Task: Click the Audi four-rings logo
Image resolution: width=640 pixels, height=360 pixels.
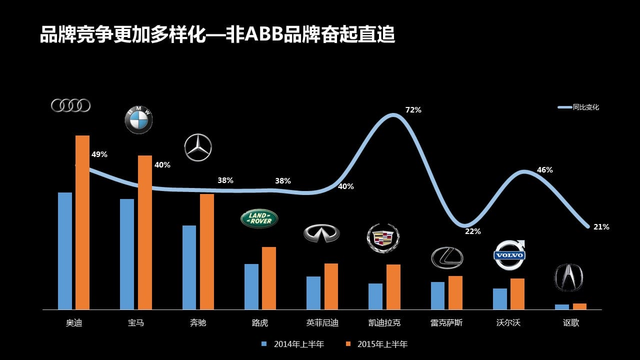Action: [70, 105]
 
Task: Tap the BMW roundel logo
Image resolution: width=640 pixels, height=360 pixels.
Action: [138, 120]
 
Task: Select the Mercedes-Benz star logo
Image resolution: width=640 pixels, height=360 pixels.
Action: [198, 147]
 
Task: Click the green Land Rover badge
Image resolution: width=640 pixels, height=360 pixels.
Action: [259, 218]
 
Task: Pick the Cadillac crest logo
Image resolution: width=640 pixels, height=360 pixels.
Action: [383, 237]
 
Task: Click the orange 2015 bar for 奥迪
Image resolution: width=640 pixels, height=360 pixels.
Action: [82, 222]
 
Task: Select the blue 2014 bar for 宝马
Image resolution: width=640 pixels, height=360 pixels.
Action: [127, 254]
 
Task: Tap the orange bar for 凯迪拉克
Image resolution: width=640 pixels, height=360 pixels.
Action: [393, 287]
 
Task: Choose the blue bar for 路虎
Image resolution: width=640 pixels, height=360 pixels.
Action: [251, 286]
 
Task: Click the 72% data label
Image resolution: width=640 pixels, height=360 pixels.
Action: [413, 110]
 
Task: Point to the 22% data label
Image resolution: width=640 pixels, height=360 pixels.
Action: [472, 231]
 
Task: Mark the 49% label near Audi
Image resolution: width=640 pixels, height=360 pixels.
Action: [99, 154]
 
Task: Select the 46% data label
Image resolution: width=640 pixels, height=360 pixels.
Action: [544, 170]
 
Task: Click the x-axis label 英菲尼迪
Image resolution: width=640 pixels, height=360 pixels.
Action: [322, 323]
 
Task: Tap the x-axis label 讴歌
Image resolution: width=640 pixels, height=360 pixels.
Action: [571, 323]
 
